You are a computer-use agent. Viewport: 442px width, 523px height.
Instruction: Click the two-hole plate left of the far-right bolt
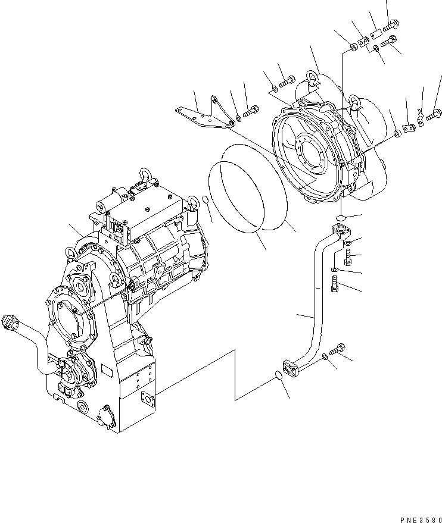click(409, 127)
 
